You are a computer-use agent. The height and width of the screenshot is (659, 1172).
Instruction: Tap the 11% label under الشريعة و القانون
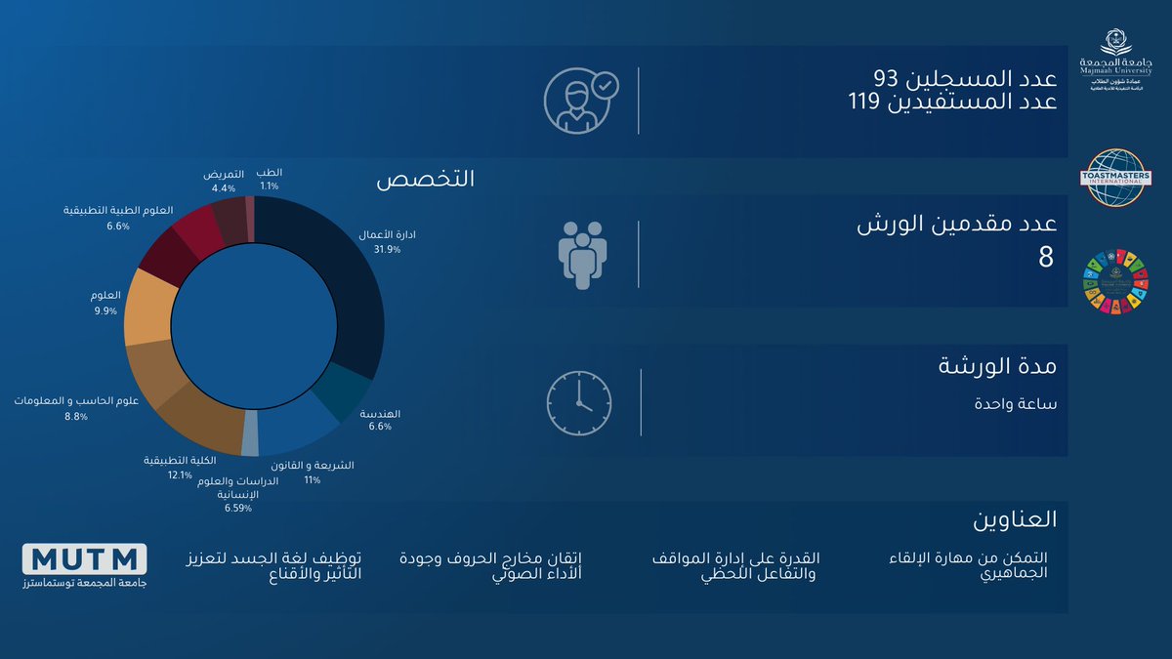[313, 480]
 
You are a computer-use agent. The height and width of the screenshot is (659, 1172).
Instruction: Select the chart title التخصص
[425, 180]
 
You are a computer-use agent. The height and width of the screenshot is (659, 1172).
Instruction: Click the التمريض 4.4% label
[224, 187]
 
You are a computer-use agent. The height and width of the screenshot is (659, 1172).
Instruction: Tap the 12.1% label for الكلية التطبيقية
[181, 474]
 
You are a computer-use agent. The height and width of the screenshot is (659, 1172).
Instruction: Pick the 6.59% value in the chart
[238, 508]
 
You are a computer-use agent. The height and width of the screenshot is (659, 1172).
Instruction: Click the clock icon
[578, 402]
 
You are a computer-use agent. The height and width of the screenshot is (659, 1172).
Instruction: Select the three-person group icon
[582, 254]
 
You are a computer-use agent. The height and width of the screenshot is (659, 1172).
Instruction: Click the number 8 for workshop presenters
[1046, 259]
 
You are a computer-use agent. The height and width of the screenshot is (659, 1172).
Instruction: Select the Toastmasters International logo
[1118, 178]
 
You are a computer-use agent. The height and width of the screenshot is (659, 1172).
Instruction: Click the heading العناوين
[1015, 518]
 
